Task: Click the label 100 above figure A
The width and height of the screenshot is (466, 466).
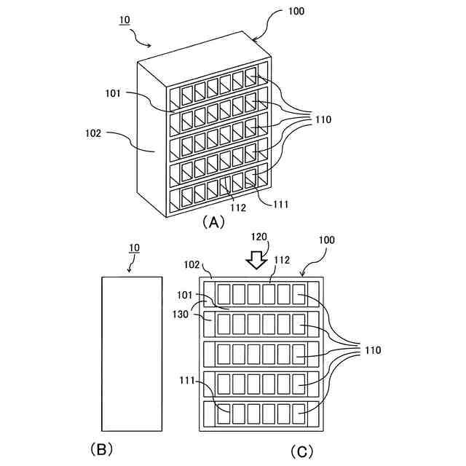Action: click(x=296, y=12)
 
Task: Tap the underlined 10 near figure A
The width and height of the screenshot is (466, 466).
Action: click(x=125, y=20)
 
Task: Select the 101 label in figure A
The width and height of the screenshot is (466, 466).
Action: click(x=113, y=94)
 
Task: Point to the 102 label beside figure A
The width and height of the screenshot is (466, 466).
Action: click(x=93, y=133)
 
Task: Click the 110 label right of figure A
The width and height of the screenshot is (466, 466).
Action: click(x=323, y=119)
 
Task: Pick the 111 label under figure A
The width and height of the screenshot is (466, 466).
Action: click(x=281, y=205)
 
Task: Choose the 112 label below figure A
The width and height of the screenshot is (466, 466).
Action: click(x=238, y=208)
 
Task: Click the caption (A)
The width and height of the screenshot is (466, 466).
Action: click(x=213, y=222)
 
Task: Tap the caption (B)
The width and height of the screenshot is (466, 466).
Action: click(x=102, y=449)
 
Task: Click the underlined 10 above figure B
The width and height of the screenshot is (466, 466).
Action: click(x=134, y=248)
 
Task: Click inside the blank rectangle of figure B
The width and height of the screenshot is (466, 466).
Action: click(x=132, y=354)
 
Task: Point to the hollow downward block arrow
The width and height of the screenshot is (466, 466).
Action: click(x=257, y=260)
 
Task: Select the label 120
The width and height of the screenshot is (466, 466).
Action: click(x=259, y=237)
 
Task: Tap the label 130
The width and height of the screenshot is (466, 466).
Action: click(x=181, y=314)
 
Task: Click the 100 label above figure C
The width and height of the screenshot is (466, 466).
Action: click(x=327, y=240)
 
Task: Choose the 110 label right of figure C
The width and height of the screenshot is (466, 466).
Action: click(x=373, y=350)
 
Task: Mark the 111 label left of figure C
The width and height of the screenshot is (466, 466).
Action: click(x=187, y=380)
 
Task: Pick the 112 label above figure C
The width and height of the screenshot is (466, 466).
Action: click(x=282, y=260)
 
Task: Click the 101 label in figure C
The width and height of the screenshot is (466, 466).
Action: click(x=185, y=295)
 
